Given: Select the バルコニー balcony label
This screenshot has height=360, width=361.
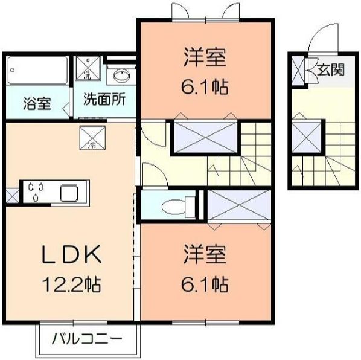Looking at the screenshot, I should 91,338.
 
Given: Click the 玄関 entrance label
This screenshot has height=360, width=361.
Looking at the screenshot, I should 331,70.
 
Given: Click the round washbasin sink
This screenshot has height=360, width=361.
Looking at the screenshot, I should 119,76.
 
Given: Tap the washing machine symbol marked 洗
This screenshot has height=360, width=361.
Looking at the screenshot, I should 86,69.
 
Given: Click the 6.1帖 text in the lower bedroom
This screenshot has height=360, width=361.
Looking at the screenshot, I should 205,283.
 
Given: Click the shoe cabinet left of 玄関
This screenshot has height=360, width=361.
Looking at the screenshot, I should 298,71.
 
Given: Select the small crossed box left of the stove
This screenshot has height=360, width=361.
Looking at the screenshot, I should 12,195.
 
